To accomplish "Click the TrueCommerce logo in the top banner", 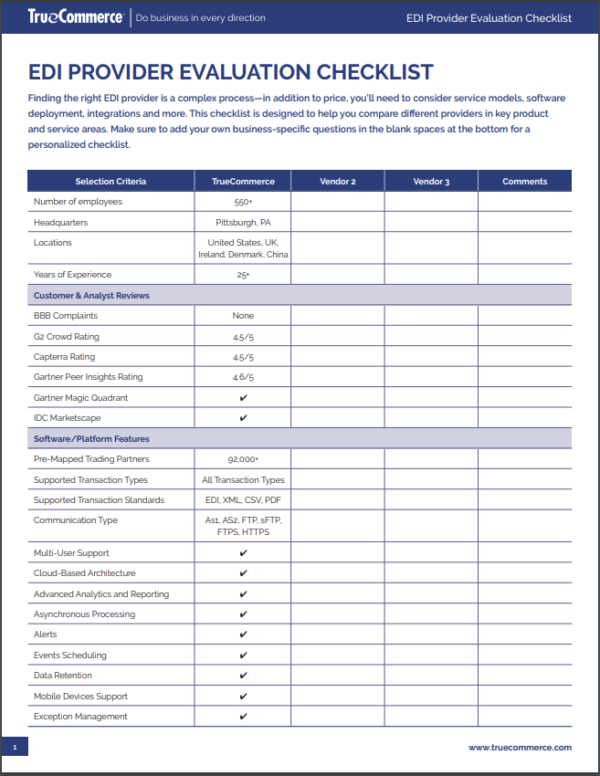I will [75, 17].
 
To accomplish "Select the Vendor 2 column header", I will [337, 182].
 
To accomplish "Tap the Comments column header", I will [524, 182].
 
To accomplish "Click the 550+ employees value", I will [243, 202].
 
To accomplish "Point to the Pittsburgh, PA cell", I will [243, 223].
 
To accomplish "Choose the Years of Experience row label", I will [72, 275].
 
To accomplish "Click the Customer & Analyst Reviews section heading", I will [91, 296].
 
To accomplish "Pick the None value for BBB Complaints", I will [243, 316].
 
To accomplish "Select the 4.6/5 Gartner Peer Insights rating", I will [243, 377].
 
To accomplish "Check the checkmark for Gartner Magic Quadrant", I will [243, 398].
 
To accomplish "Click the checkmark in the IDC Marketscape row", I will [243, 418].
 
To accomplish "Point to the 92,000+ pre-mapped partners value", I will [243, 459].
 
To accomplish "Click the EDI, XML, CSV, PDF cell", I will [243, 500].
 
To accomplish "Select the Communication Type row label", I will [77, 520].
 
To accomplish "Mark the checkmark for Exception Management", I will [243, 717].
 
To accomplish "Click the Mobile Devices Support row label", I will [80, 697].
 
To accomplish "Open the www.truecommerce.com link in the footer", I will [520, 747].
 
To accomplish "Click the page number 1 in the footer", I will [15, 748].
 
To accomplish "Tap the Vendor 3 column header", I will [431, 182].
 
